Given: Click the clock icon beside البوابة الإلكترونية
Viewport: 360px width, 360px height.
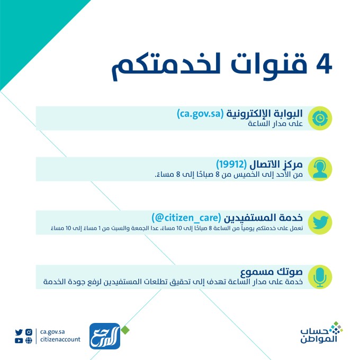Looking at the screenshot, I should (x=320, y=118).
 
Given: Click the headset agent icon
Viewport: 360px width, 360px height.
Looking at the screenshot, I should (x=320, y=169).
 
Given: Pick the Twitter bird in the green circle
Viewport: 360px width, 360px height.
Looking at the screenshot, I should (x=320, y=222).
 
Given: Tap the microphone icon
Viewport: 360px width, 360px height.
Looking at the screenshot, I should (x=320, y=277).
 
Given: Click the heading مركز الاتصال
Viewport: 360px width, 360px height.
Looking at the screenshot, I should (x=278, y=164).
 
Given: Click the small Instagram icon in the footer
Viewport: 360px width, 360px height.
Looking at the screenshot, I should (x=29, y=332).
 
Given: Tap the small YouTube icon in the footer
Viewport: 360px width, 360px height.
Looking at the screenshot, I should (x=19, y=340).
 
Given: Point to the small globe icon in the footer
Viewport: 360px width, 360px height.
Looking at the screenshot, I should (x=29, y=340).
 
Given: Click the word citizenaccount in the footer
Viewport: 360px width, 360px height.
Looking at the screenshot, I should (x=60, y=340).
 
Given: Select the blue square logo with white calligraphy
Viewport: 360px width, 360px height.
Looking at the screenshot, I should (x=104, y=336).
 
